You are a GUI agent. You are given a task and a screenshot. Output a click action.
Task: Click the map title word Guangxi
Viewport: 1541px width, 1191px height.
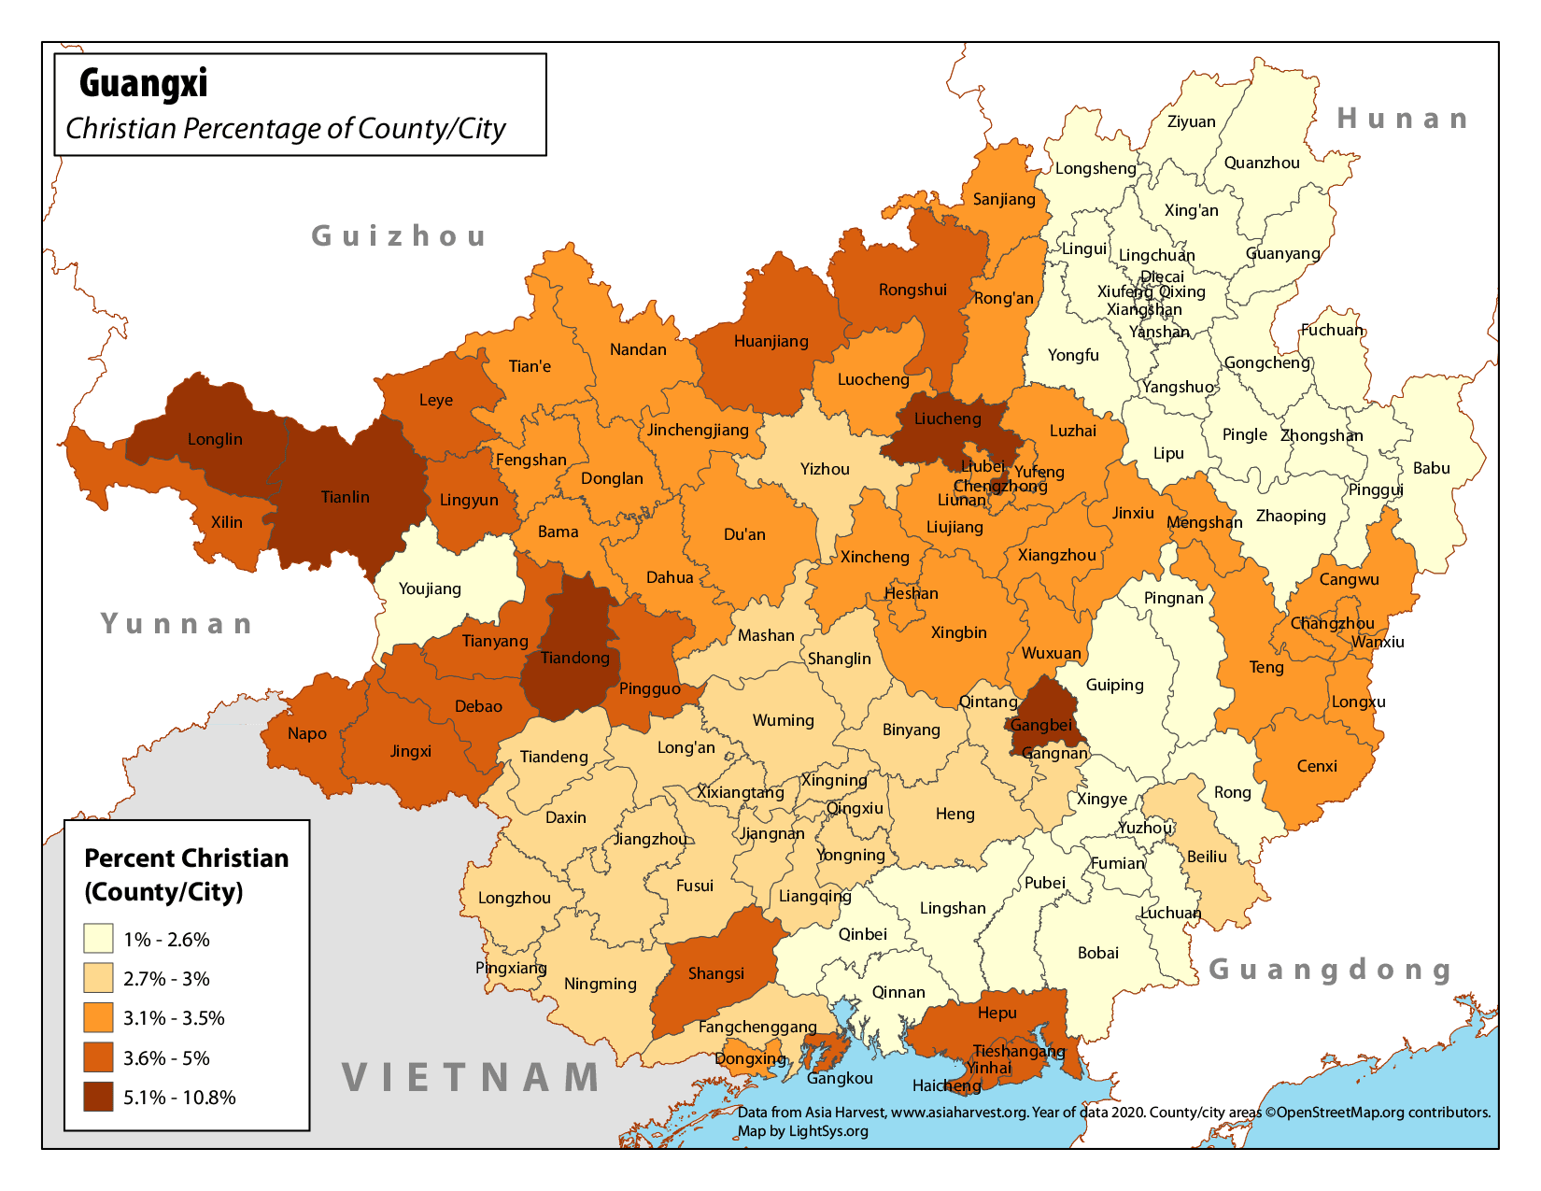pyautogui.click(x=143, y=83)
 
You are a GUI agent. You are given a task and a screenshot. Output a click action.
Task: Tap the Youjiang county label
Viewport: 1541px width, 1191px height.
pyautogui.click(x=430, y=588)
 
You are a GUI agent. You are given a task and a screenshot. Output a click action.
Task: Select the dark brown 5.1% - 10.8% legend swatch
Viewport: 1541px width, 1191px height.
pyautogui.click(x=98, y=1097)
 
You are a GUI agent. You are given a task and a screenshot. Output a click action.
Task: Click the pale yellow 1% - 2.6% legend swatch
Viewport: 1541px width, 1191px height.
pyautogui.click(x=98, y=939)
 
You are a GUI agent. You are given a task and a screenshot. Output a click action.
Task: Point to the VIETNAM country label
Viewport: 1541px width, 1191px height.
pyautogui.click(x=472, y=1077)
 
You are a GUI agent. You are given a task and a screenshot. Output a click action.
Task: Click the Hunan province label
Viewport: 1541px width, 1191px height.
pyautogui.click(x=1403, y=119)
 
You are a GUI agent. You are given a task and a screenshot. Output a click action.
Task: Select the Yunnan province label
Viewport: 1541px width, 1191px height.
pyautogui.click(x=177, y=623)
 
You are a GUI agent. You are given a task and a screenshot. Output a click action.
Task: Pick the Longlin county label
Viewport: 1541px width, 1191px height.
pyautogui.click(x=215, y=439)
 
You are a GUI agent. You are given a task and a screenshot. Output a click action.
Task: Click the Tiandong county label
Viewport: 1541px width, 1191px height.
pyautogui.click(x=574, y=658)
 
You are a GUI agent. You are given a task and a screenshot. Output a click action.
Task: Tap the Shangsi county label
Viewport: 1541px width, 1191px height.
pyautogui.click(x=716, y=973)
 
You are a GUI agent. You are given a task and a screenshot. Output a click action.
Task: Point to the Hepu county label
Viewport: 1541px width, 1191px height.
pyautogui.click(x=997, y=1013)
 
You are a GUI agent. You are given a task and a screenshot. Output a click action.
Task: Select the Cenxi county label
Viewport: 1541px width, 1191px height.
pyautogui.click(x=1317, y=766)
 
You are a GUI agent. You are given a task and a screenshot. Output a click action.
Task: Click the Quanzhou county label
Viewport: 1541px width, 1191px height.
pyautogui.click(x=1262, y=163)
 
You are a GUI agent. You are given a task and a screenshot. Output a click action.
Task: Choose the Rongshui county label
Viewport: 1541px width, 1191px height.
pyautogui.click(x=912, y=290)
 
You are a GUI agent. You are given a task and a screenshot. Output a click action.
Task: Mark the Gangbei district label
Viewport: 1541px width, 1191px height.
pyautogui.click(x=1040, y=725)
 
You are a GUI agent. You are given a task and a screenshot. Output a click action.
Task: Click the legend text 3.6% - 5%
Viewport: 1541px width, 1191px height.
pyautogui.click(x=166, y=1058)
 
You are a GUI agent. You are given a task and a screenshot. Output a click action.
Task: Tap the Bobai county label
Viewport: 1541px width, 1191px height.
pyautogui.click(x=1097, y=953)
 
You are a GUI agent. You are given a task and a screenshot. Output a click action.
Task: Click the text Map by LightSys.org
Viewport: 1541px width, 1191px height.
pyautogui.click(x=803, y=1131)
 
